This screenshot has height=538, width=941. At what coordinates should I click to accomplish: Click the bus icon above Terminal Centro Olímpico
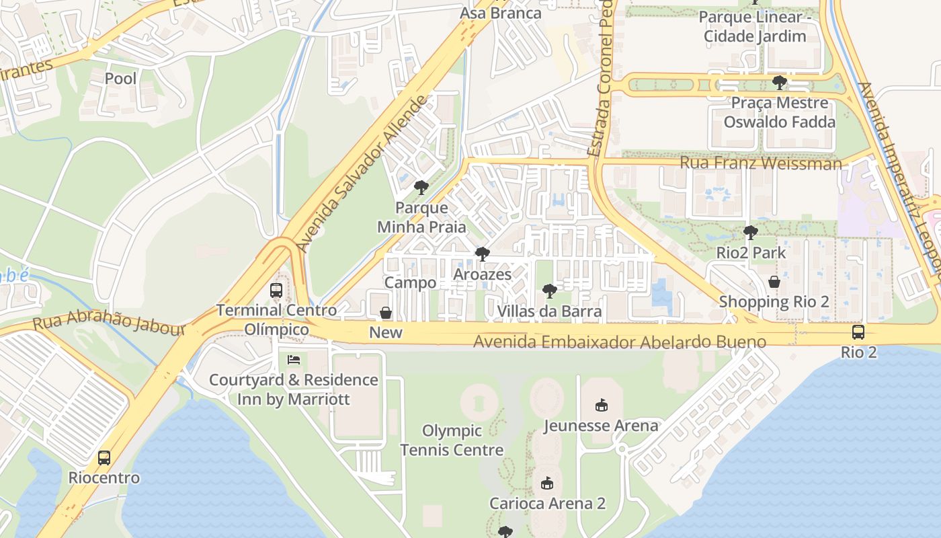click(x=276, y=291)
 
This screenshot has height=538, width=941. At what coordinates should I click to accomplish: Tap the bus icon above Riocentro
click(x=104, y=458)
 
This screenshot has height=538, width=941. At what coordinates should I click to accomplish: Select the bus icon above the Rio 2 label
click(x=858, y=332)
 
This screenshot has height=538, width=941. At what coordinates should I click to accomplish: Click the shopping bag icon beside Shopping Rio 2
click(x=774, y=282)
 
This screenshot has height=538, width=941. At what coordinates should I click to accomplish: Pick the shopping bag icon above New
click(x=386, y=313)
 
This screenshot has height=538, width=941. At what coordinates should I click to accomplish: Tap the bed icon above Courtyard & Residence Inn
click(x=294, y=360)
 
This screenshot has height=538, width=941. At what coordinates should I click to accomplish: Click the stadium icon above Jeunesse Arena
click(x=601, y=405)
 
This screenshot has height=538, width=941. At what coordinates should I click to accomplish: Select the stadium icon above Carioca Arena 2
click(x=547, y=483)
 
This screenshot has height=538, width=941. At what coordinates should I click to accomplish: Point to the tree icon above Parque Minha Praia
click(x=421, y=188)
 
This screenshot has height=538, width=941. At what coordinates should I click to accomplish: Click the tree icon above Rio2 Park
click(x=751, y=233)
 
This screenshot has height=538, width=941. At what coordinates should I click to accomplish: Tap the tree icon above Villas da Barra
click(x=550, y=291)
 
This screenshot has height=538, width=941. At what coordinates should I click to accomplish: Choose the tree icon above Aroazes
click(x=482, y=254)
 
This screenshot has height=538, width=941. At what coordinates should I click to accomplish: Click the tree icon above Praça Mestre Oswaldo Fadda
click(x=780, y=83)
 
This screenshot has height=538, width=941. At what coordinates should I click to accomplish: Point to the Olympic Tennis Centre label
click(x=452, y=440)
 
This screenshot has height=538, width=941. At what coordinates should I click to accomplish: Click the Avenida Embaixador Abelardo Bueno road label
click(x=620, y=342)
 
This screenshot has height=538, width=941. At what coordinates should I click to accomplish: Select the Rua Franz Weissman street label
click(x=760, y=163)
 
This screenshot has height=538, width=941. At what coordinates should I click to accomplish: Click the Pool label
click(x=121, y=79)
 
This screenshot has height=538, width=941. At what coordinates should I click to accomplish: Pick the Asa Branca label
click(x=500, y=13)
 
